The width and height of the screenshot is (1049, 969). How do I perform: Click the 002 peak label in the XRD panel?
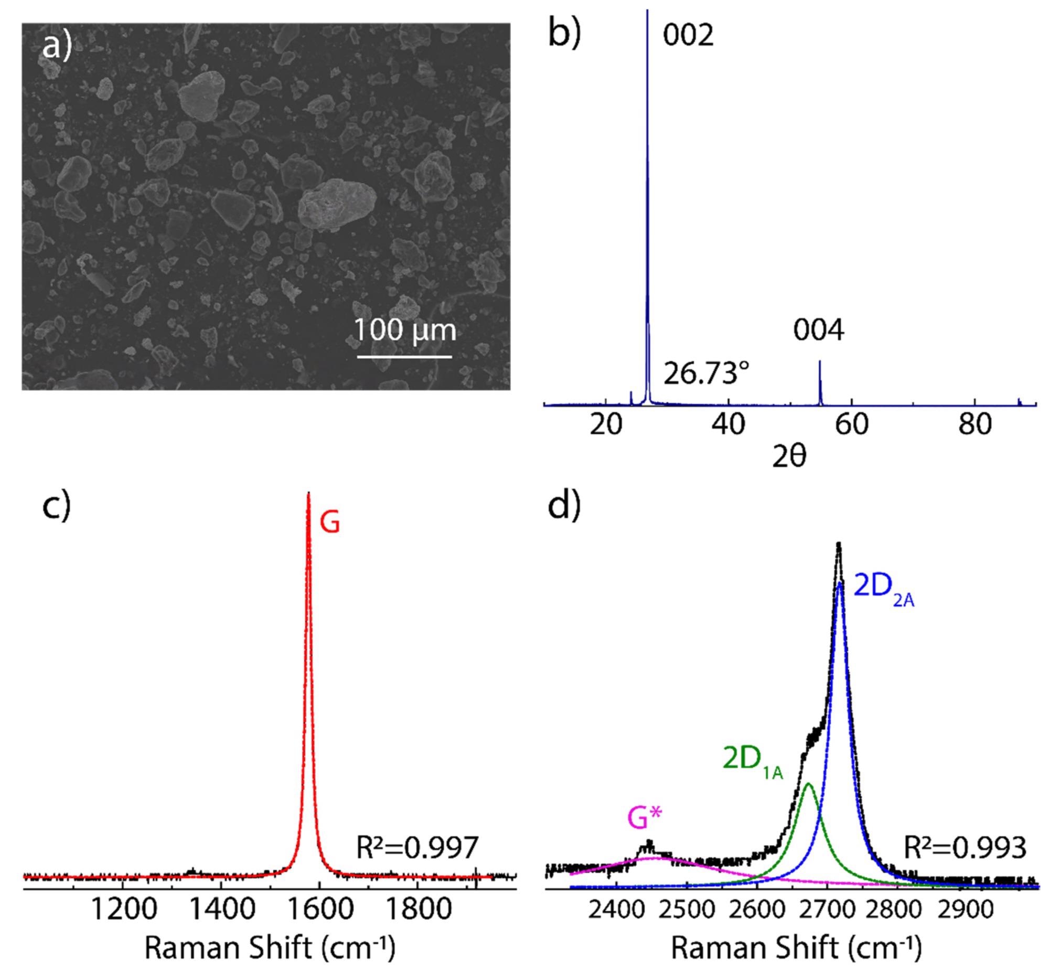(x=688, y=36)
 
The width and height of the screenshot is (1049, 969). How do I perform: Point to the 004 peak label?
(x=818, y=331)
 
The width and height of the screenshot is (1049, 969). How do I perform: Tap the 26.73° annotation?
(x=706, y=374)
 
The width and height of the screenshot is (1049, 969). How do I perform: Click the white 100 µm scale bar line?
(x=404, y=357)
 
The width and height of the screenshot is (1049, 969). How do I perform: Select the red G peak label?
(x=330, y=523)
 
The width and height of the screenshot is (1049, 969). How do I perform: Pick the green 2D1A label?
(x=752, y=759)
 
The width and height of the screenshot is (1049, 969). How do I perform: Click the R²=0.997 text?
(x=417, y=848)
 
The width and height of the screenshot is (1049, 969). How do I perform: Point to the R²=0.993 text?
(x=965, y=848)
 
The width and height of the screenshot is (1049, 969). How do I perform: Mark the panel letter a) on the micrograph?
(x=56, y=47)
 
